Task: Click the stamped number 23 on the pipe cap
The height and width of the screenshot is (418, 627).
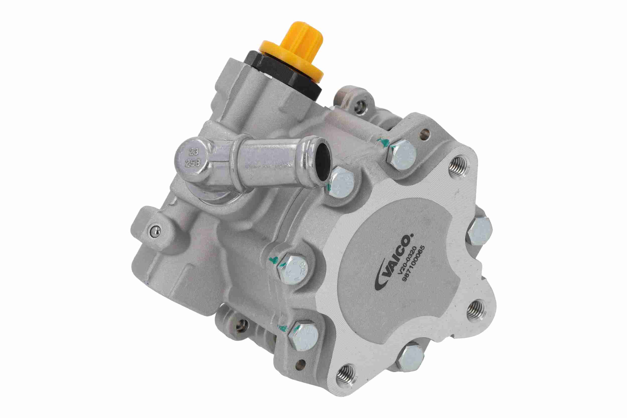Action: coord(194,152)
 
